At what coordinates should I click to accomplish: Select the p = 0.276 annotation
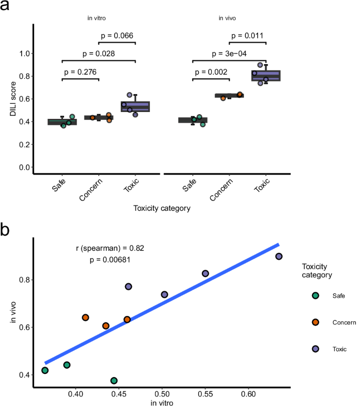coord(80,72)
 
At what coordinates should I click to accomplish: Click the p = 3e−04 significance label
coord(229,54)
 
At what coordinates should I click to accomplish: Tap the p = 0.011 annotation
coord(248,36)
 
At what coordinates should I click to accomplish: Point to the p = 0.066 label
coord(117,36)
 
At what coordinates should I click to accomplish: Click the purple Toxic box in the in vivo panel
coord(266,76)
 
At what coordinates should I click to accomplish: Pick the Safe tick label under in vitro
coord(59,186)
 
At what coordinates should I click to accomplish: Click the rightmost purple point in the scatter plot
coord(279,256)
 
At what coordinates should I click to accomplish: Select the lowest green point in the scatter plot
coord(114,380)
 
